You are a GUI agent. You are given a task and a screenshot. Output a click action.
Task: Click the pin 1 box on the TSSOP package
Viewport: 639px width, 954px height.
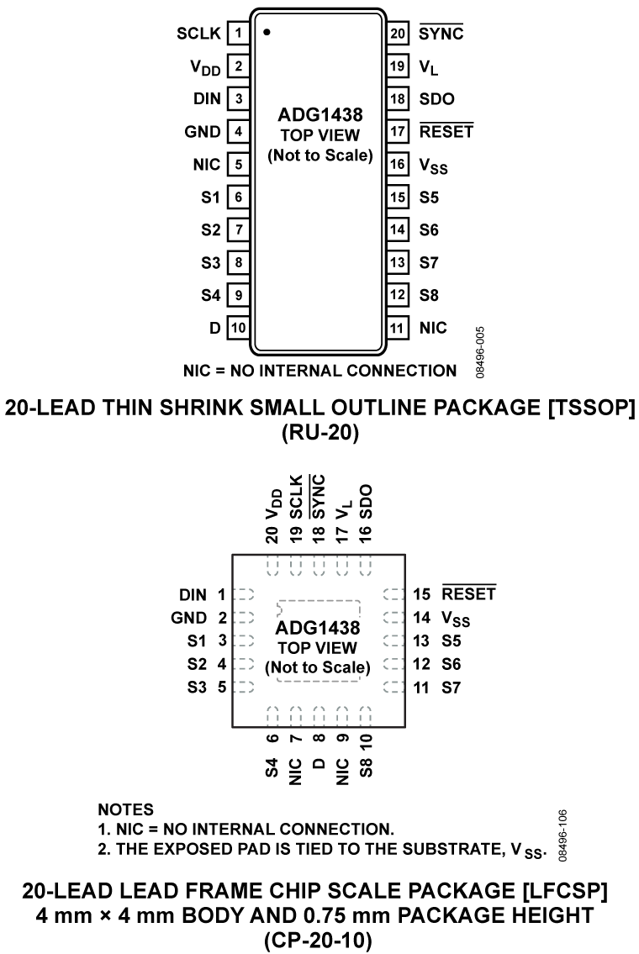coord(238,34)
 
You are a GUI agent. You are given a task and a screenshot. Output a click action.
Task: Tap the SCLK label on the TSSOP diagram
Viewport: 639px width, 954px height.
coord(198,34)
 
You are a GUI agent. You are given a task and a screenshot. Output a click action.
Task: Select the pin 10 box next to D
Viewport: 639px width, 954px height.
coord(238,328)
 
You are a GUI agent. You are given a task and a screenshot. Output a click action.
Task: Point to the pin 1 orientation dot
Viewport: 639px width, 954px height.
coord(267,33)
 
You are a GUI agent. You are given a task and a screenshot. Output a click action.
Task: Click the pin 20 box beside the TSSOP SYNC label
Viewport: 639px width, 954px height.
coord(397,34)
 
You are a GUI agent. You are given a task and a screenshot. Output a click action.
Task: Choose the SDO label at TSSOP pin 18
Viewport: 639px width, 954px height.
coord(436,99)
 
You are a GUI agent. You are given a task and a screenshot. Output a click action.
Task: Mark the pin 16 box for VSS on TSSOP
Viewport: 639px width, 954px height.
coord(397,164)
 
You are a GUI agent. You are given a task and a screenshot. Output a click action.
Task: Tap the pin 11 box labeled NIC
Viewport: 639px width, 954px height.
coord(397,328)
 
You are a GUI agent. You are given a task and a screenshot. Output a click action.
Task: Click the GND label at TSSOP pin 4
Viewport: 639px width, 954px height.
coord(202,132)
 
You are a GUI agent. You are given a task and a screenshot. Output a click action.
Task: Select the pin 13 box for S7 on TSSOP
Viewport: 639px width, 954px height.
coord(397,262)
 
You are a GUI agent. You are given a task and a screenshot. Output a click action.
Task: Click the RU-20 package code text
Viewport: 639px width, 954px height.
coord(319,434)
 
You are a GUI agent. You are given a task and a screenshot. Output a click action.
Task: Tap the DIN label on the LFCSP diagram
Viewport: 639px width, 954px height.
coord(193,594)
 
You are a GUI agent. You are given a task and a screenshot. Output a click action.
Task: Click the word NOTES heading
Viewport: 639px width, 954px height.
coord(126,810)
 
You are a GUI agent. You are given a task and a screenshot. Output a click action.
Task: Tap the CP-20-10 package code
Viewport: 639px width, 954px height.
coord(319,938)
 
